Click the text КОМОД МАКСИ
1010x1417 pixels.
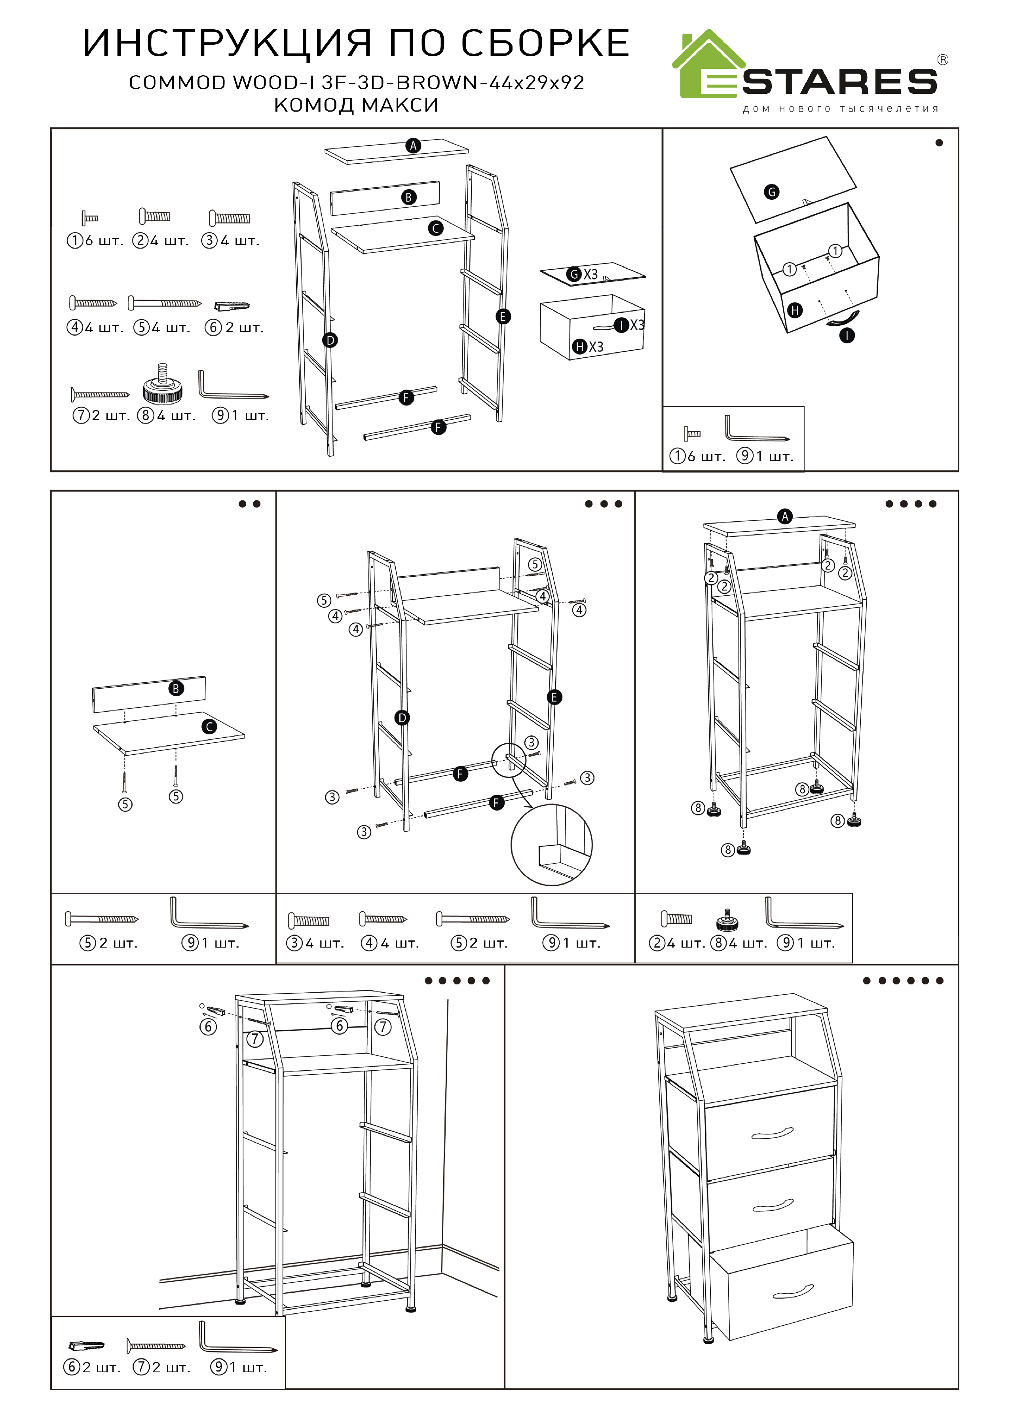[356, 105]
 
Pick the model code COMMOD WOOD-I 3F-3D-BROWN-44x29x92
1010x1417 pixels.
[356, 83]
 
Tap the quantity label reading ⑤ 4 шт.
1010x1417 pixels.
[162, 327]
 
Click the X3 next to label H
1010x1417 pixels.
[596, 346]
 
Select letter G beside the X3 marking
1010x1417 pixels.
[574, 274]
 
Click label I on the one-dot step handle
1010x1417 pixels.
[847, 336]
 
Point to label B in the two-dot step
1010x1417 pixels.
[176, 689]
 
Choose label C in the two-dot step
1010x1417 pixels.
[210, 727]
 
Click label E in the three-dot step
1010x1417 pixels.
[554, 697]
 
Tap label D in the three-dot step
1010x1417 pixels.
[402, 718]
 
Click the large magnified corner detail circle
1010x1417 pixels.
[552, 845]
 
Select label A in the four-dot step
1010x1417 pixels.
[785, 516]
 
